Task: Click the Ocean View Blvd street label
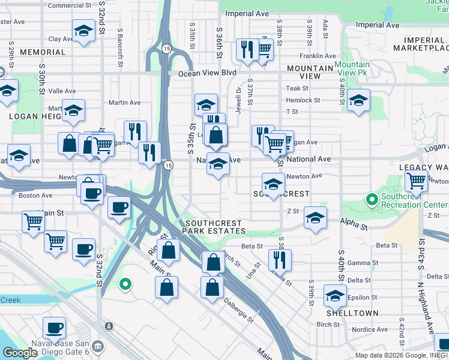click(x=207, y=73)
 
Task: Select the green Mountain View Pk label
click(x=352, y=68)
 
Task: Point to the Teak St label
click(x=292, y=88)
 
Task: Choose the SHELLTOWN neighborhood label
click(x=352, y=313)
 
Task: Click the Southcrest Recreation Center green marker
click(x=372, y=199)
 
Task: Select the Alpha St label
click(x=355, y=226)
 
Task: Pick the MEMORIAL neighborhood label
click(x=43, y=52)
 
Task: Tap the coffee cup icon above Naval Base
click(x=54, y=328)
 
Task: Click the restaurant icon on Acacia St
click(x=280, y=260)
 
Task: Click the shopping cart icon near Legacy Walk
click(x=416, y=180)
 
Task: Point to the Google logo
click(x=20, y=353)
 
